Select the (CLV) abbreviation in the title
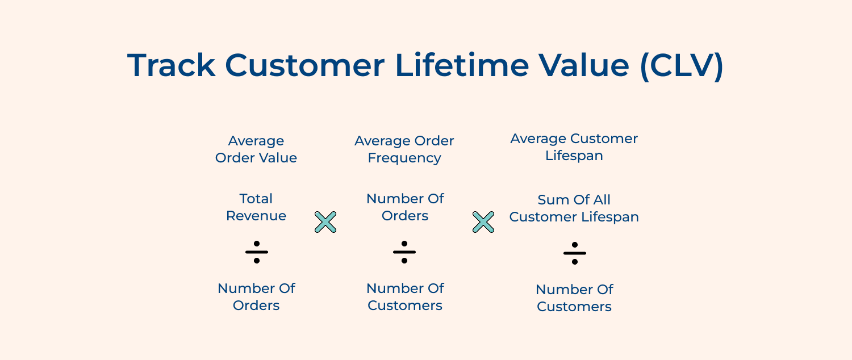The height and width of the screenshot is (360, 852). (x=682, y=65)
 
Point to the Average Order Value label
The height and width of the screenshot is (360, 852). (x=256, y=149)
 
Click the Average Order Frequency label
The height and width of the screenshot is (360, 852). (x=404, y=149)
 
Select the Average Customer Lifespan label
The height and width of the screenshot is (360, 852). (x=574, y=147)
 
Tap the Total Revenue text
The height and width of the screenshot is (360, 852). (x=256, y=207)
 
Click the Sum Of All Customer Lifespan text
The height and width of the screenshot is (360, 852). (x=574, y=208)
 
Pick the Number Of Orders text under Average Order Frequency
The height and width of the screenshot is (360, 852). (x=405, y=207)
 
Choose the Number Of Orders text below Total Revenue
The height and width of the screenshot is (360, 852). (x=256, y=296)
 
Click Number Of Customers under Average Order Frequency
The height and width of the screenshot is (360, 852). (x=405, y=296)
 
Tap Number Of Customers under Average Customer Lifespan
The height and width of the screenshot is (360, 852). (x=574, y=298)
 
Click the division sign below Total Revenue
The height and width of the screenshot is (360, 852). (x=257, y=252)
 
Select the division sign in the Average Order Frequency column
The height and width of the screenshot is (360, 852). (x=404, y=252)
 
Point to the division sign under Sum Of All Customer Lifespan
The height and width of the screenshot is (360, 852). (x=575, y=253)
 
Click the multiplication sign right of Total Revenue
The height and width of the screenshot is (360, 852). (x=325, y=222)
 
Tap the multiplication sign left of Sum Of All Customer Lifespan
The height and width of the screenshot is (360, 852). (x=483, y=222)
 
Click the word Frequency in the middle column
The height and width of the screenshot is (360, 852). (x=404, y=158)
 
